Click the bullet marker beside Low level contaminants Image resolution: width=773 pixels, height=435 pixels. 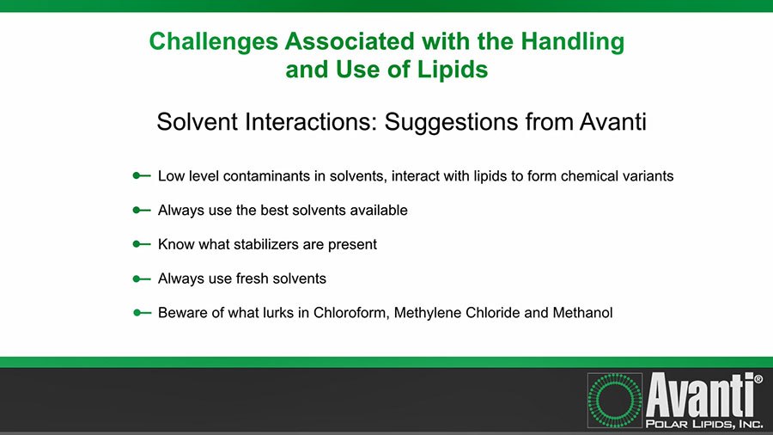pyautogui.click(x=141, y=175)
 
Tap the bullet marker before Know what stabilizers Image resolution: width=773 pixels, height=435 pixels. pyautogui.click(x=141, y=244)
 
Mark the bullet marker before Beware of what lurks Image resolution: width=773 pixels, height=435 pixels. pyautogui.click(x=141, y=313)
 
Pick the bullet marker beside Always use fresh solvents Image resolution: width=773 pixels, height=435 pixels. pyautogui.click(x=141, y=279)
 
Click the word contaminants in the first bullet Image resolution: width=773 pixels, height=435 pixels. pyautogui.click(x=269, y=175)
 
